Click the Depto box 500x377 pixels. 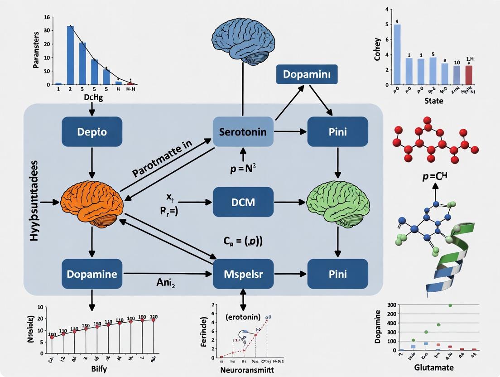pyautogui.click(x=92, y=131)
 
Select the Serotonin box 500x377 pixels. pyautogui.click(x=243, y=131)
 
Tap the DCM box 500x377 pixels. pyautogui.click(x=243, y=202)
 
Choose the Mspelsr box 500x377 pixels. pyautogui.click(x=243, y=274)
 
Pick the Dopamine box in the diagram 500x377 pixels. pyautogui.click(x=92, y=274)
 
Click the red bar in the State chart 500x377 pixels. pyautogui.click(x=468, y=75)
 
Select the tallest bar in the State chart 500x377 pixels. pyautogui.click(x=397, y=54)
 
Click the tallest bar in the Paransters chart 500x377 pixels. pyautogui.click(x=71, y=55)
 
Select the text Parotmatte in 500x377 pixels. pyautogui.click(x=162, y=159)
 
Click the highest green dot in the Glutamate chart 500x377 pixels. pyautogui.click(x=450, y=305)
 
